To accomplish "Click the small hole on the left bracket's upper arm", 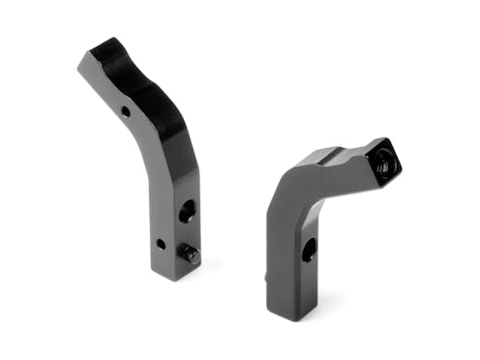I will (x=126, y=111).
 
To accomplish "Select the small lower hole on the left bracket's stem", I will (x=161, y=243).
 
